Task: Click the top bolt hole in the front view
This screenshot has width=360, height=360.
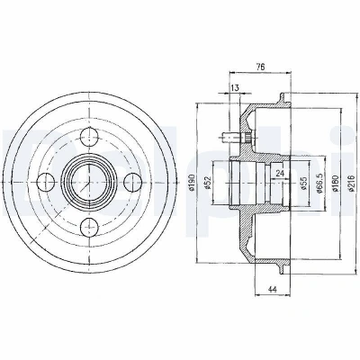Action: (89, 137)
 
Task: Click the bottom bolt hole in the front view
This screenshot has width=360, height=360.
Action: (89, 227)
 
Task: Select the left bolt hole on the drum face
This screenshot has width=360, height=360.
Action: (45, 182)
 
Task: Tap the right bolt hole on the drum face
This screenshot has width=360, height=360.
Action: (133, 182)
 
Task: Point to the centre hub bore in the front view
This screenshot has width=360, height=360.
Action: (89, 182)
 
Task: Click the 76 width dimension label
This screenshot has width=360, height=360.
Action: (260, 67)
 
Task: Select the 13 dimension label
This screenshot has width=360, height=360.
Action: (235, 88)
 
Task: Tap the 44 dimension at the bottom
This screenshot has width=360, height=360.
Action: (272, 289)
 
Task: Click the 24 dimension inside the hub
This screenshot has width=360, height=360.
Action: (280, 173)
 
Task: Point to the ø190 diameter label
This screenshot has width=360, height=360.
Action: (193, 183)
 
